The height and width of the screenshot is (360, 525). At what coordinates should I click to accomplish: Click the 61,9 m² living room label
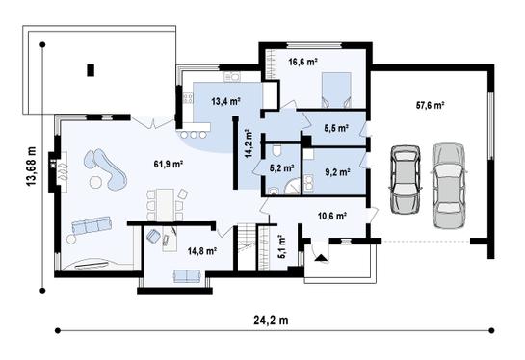tap(169, 165)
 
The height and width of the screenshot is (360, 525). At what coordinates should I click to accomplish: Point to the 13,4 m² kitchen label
tap(226, 99)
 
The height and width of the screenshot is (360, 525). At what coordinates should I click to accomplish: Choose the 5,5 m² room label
tap(335, 127)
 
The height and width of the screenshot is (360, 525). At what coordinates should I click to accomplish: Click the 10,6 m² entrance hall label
tap(330, 217)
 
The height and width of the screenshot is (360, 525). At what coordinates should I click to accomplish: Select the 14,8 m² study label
tap(201, 250)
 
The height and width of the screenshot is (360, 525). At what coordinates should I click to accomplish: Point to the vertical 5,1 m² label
tap(280, 248)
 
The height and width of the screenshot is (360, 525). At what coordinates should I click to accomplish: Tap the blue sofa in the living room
tap(92, 226)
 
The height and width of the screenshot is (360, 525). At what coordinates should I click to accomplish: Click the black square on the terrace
tap(92, 69)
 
